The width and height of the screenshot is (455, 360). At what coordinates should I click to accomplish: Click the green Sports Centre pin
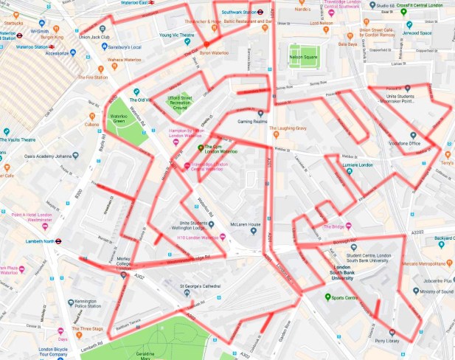tap(328, 297)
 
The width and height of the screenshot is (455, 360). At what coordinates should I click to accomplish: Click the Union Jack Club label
tap(100, 37)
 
